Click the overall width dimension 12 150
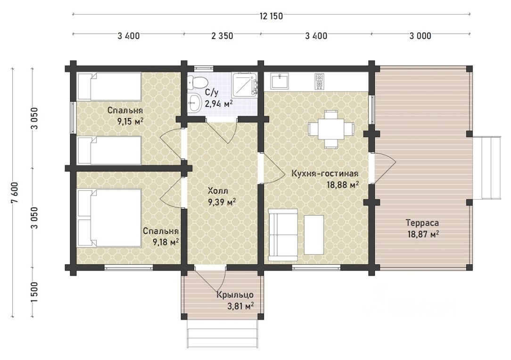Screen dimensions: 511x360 (x=271, y=16)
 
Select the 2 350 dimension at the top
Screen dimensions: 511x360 (x=222, y=35)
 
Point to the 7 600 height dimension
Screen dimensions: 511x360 (x=15, y=192)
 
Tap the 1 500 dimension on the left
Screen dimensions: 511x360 (x=35, y=292)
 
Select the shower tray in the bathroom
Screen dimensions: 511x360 (x=244, y=84)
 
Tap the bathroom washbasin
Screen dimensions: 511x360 (x=194, y=102)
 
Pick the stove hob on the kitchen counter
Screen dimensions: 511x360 (x=319, y=81)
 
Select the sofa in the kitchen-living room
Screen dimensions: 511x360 (x=283, y=235)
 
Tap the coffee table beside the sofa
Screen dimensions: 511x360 (x=313, y=235)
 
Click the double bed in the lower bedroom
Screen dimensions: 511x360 (x=109, y=218)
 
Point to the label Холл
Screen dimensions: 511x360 (x=218, y=191)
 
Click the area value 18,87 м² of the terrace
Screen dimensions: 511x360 (x=423, y=234)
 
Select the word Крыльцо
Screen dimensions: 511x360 (x=235, y=295)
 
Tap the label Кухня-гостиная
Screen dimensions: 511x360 (x=325, y=173)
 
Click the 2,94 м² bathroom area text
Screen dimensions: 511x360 (x=219, y=104)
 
